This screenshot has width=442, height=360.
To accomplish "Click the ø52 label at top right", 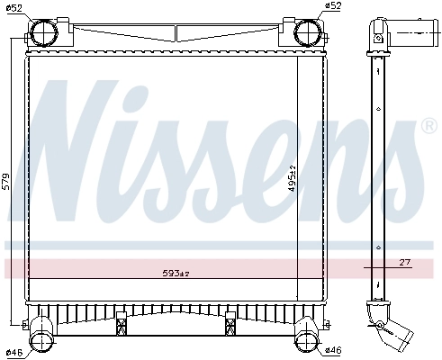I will pos(331,8).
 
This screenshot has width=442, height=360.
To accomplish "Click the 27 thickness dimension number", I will pos(403,262).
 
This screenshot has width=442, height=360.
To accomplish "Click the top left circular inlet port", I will pos(44,32).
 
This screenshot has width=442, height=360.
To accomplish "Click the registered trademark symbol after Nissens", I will pos(428,126).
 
